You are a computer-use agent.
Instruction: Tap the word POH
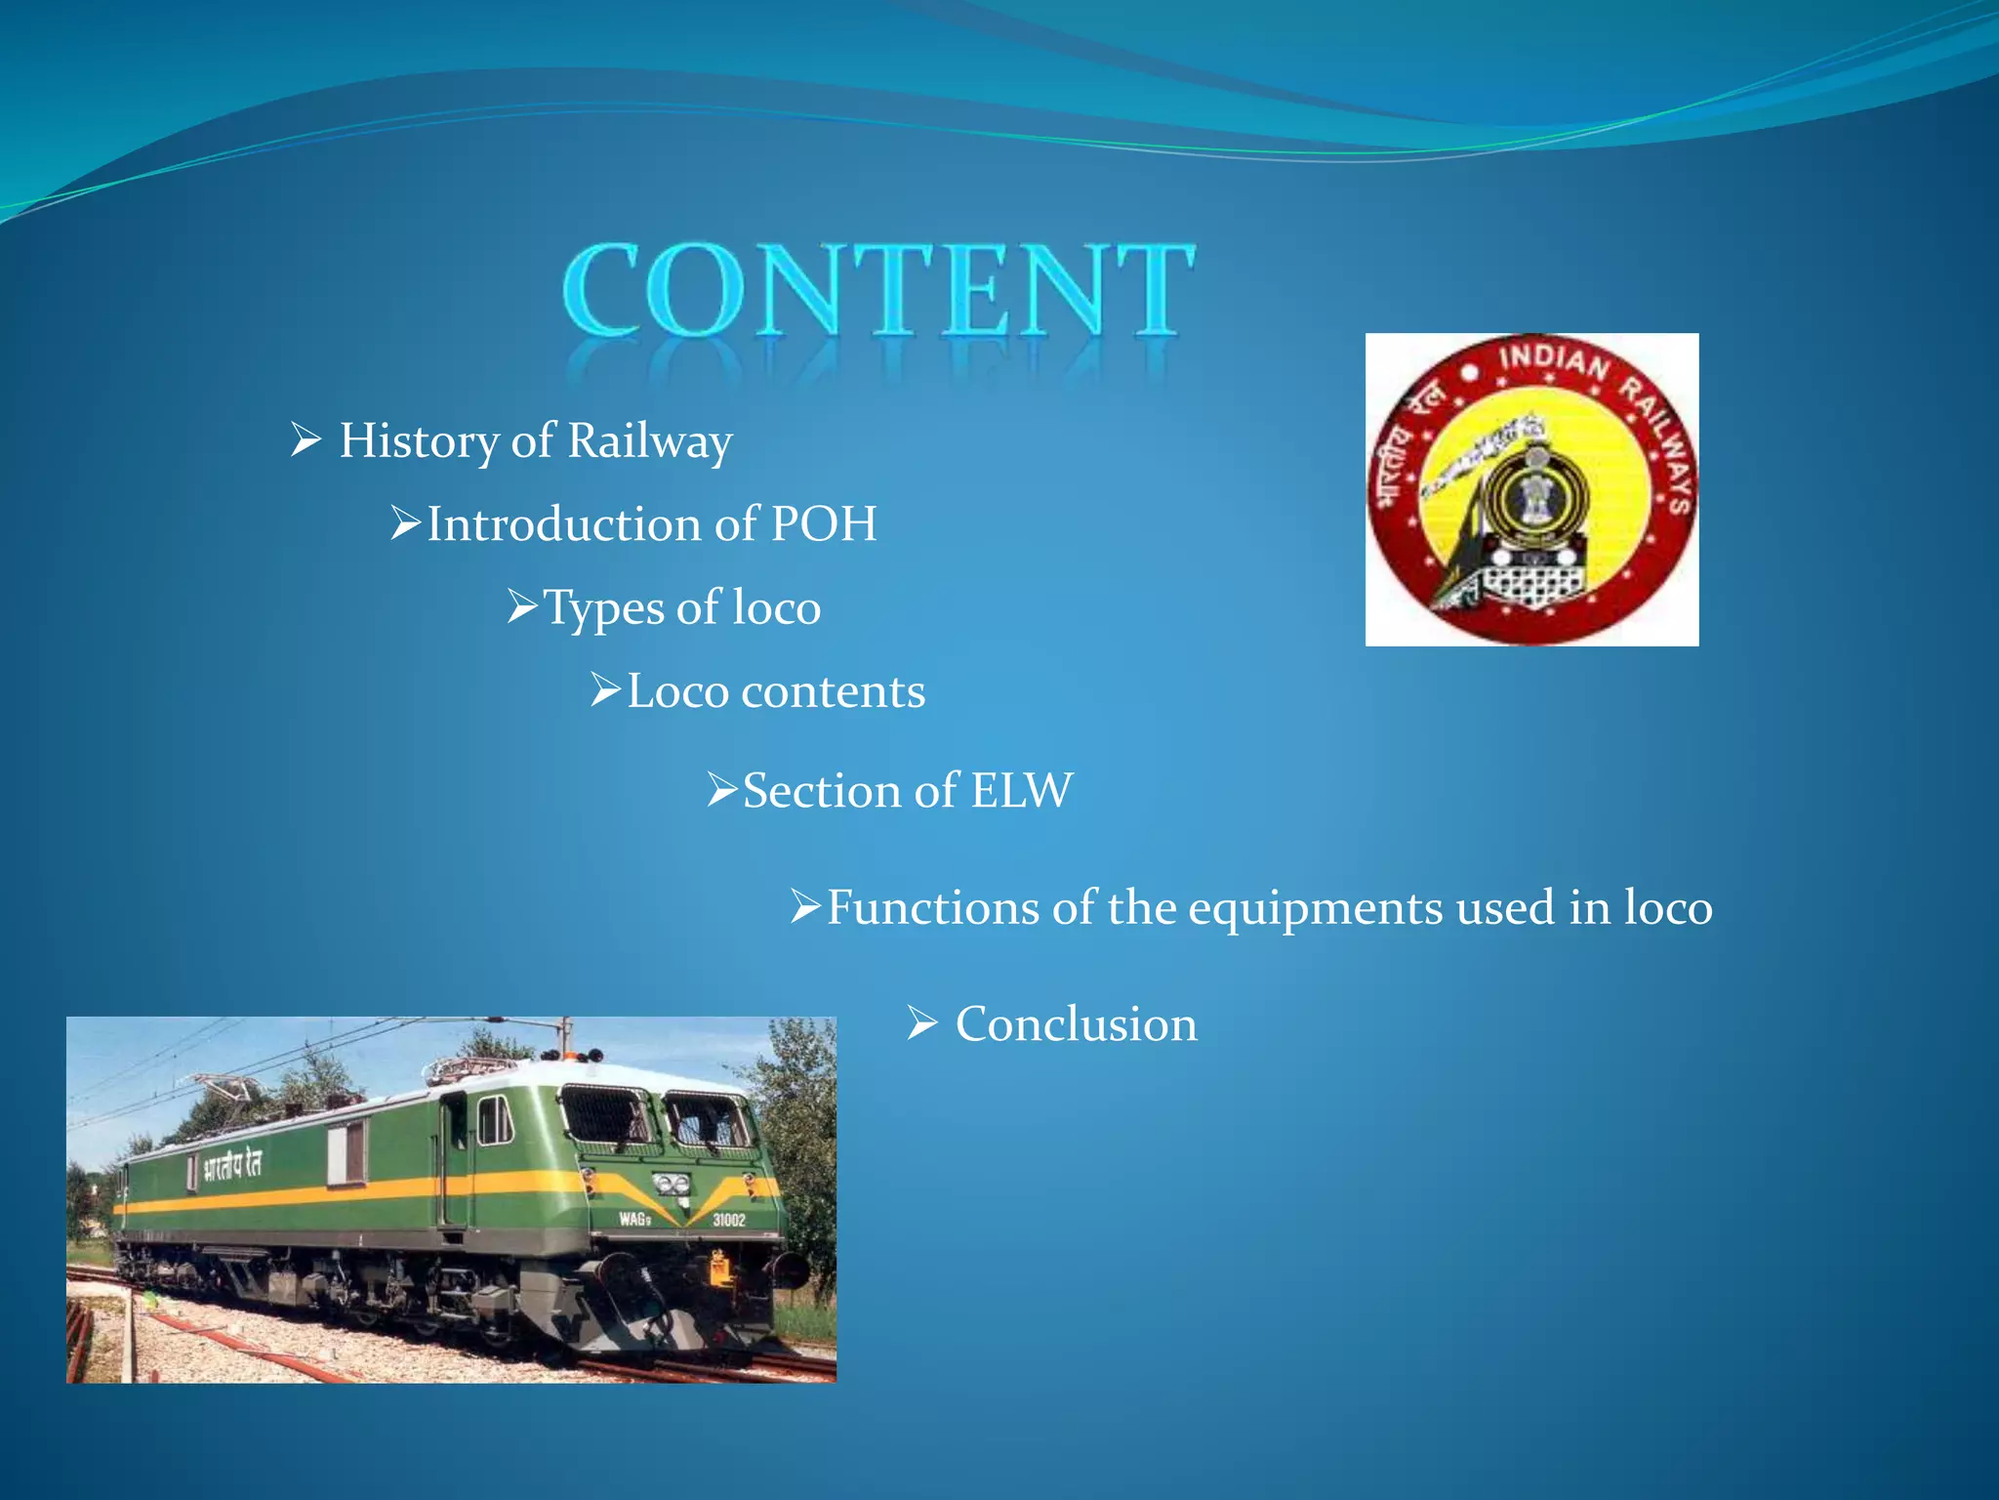pyautogui.click(x=824, y=524)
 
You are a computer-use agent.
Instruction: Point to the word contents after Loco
pyautogui.click(x=833, y=692)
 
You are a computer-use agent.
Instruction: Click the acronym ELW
pyautogui.click(x=1022, y=791)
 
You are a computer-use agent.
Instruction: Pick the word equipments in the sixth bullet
pyautogui.click(x=1315, y=909)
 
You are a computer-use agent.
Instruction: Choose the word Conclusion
pyautogui.click(x=1076, y=1024)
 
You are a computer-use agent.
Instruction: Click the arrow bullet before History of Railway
pyautogui.click(x=306, y=440)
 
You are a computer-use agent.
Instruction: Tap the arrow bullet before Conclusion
pyautogui.click(x=921, y=1024)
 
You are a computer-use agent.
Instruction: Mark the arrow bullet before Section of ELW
pyautogui.click(x=722, y=790)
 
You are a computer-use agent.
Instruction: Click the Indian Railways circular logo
pyautogui.click(x=1531, y=489)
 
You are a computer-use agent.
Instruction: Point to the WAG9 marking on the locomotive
pyautogui.click(x=634, y=1219)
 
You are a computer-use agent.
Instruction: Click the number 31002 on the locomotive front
pyautogui.click(x=728, y=1220)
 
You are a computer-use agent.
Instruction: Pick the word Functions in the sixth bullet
pyautogui.click(x=932, y=908)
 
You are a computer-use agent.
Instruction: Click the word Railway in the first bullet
pyautogui.click(x=649, y=441)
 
